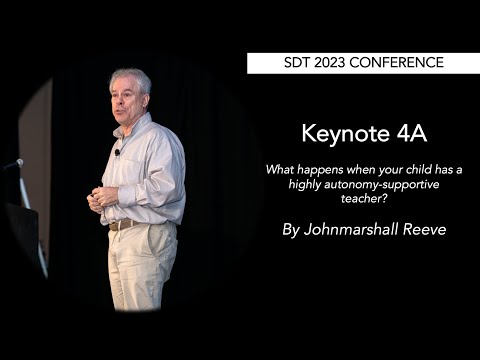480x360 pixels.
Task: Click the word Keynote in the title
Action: coord(337,134)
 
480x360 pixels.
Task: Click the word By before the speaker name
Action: coord(291,229)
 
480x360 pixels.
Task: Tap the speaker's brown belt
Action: coord(124,225)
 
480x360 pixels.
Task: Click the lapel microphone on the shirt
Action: coord(118,152)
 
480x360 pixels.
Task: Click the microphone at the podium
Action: coord(15,163)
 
